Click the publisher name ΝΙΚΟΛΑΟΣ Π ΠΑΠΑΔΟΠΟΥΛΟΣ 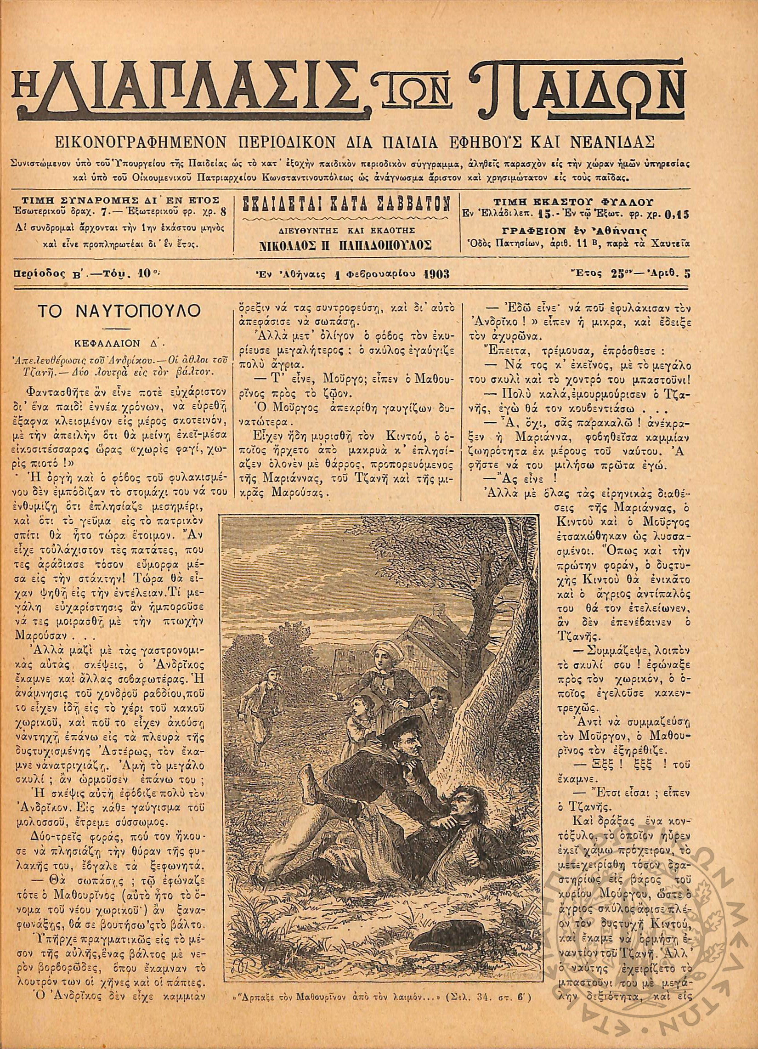click(346, 246)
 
